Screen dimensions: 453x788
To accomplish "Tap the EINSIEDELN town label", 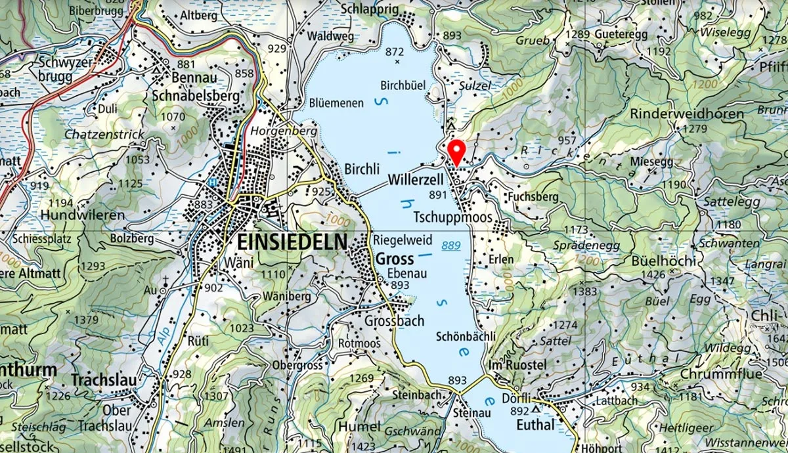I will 288,242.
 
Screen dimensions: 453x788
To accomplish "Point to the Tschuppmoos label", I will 452,217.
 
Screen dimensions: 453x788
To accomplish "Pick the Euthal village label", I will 536,425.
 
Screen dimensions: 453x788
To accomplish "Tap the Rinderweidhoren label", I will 687,114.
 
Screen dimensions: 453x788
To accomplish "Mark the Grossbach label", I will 395,321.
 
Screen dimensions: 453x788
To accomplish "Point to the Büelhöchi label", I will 663,259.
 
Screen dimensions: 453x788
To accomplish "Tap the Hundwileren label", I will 82,215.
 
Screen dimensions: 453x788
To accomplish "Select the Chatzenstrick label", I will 104,134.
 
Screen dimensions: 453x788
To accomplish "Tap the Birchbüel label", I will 403,85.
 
